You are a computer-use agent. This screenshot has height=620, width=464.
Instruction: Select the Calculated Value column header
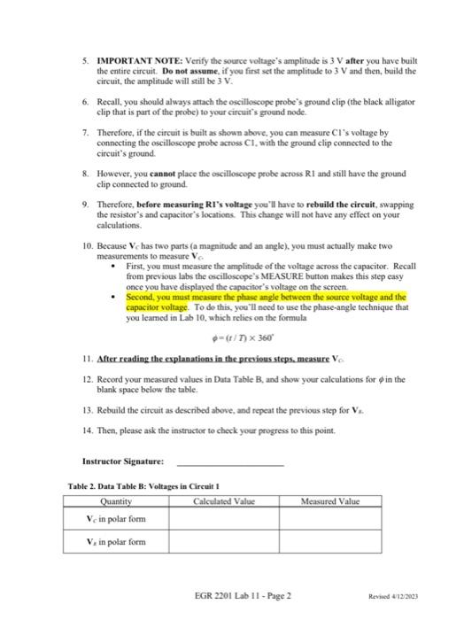[x=224, y=501]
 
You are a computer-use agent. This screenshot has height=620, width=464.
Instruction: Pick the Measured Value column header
[x=329, y=501]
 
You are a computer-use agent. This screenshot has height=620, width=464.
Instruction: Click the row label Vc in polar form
[x=115, y=519]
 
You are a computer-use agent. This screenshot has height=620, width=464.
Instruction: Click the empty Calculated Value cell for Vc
[x=224, y=519]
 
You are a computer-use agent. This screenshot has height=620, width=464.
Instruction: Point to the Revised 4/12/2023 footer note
[x=396, y=596]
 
